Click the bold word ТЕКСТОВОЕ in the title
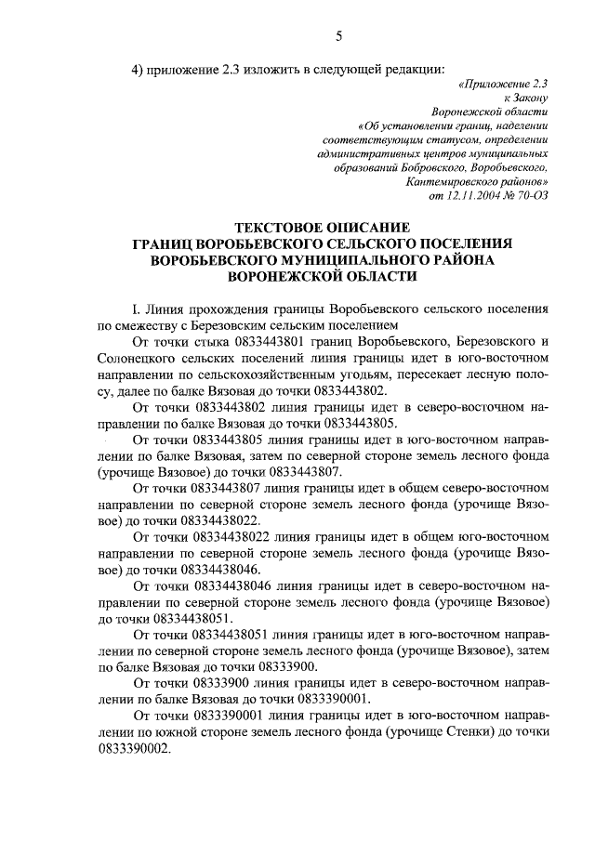289,228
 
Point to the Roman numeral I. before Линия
139,309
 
